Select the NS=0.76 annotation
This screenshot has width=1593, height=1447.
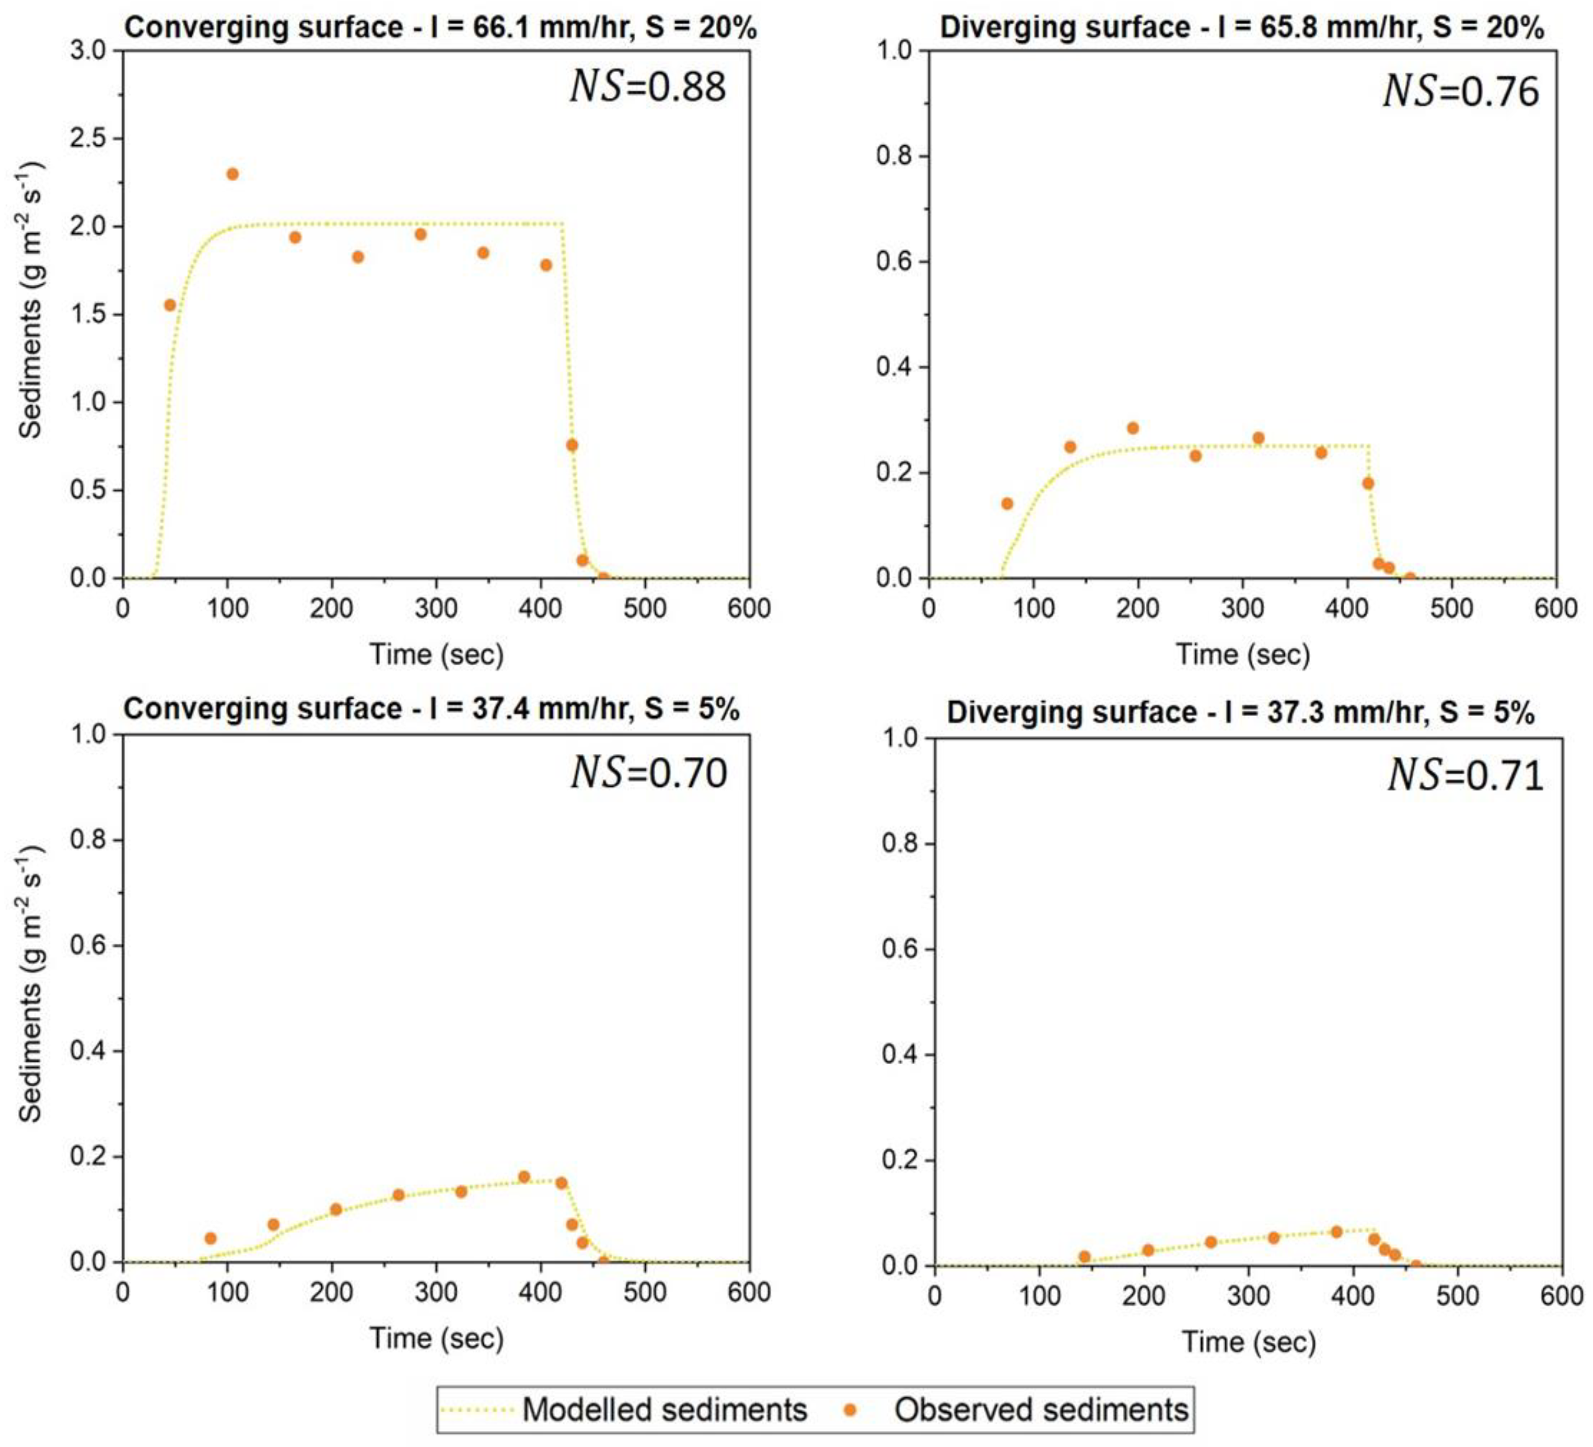pyautogui.click(x=1461, y=92)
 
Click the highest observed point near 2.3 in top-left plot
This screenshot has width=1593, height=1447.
pyautogui.click(x=232, y=174)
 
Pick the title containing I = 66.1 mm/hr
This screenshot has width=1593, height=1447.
pyautogui.click(x=441, y=28)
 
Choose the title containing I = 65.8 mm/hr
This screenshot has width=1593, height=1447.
pyautogui.click(x=1241, y=28)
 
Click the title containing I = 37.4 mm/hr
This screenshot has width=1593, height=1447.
pyautogui.click(x=432, y=709)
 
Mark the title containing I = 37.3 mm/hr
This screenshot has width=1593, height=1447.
pyautogui.click(x=1241, y=712)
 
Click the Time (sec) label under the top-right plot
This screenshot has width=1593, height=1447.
pyautogui.click(x=1243, y=655)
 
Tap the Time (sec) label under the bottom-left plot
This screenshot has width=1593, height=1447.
pyautogui.click(x=436, y=1338)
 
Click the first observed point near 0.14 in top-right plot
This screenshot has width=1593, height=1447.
pyautogui.click(x=1007, y=503)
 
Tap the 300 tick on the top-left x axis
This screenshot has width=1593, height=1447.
pyautogui.click(x=436, y=609)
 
